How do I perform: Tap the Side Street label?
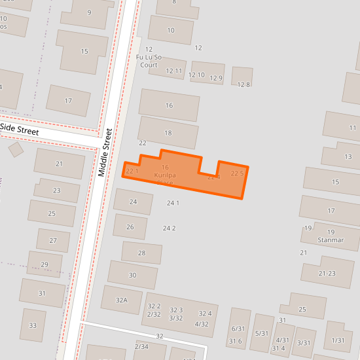coord(20,130)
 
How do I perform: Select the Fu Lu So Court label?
coord(147,61)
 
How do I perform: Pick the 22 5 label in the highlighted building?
coord(237,173)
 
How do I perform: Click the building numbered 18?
coord(168,133)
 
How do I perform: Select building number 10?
coord(171,30)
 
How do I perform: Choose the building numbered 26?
coord(130,226)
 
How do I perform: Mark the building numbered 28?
coord(141,253)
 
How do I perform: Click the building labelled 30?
coord(132,275)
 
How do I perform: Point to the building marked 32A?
coord(121,300)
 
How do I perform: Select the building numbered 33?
coord(33,325)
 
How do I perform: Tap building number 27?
coord(53,240)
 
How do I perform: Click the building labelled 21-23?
coord(327,274)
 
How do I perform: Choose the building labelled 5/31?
coord(262,333)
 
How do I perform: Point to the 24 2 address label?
coord(170,228)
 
